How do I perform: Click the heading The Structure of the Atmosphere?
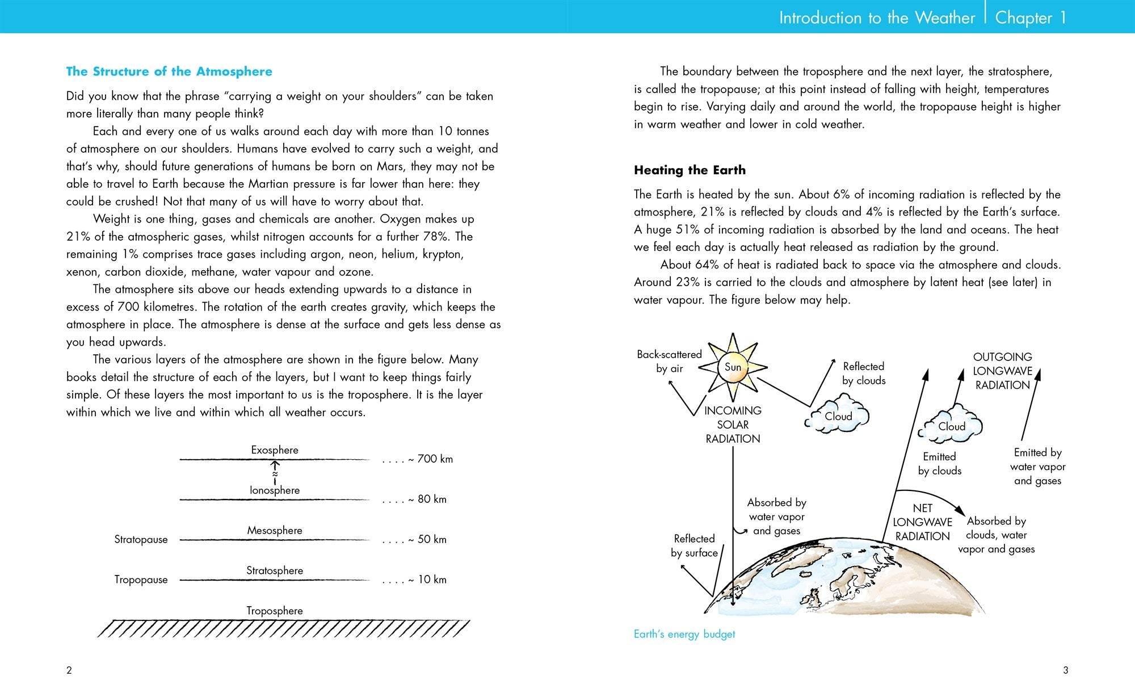point(169,72)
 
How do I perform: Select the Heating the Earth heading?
point(690,170)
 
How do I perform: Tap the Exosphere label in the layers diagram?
point(275,450)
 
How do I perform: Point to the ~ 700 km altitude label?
point(418,459)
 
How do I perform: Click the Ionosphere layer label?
point(275,490)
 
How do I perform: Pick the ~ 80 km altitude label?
point(415,499)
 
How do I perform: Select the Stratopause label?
point(141,540)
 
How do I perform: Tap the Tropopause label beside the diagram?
point(141,580)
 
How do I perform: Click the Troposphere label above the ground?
point(275,611)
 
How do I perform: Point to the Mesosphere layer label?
point(275,531)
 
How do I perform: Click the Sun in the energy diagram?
point(733,367)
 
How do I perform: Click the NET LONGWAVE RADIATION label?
point(922,522)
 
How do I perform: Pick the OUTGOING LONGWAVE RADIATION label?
point(1002,371)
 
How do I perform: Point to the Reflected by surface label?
point(694,546)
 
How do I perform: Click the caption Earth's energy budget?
point(684,635)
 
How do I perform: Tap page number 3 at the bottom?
point(1065,670)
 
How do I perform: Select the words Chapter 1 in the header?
point(1031,18)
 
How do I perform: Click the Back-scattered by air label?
point(669,362)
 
